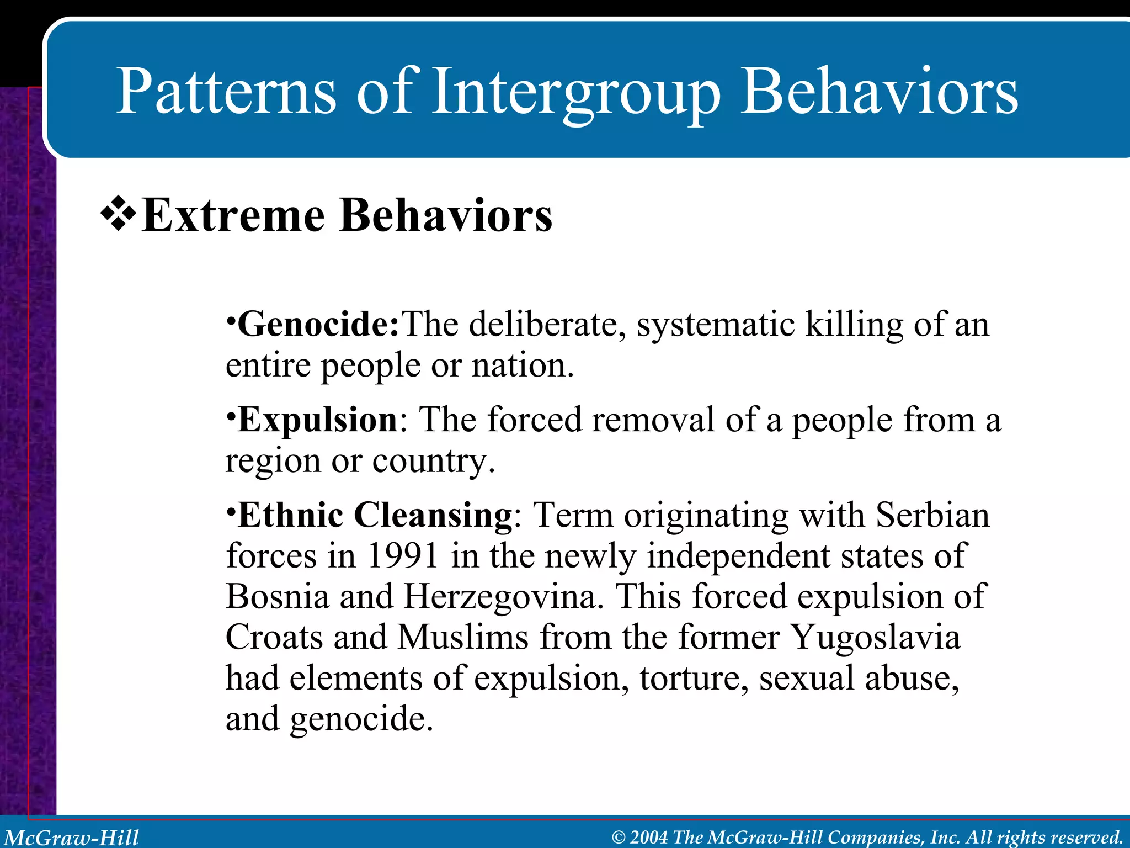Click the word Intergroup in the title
tap(575, 92)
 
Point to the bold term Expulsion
tap(318, 420)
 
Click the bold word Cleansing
tap(433, 516)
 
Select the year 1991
tap(402, 556)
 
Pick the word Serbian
tap(932, 516)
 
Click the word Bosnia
tap(277, 597)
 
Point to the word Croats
tap(274, 638)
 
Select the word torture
tap(694, 679)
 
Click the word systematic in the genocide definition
tap(715, 324)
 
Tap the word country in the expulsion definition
tap(433, 462)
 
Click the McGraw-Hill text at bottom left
tap(72, 838)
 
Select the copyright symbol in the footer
tap(619, 838)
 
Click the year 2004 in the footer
tap(649, 838)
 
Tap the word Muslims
tap(462, 638)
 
